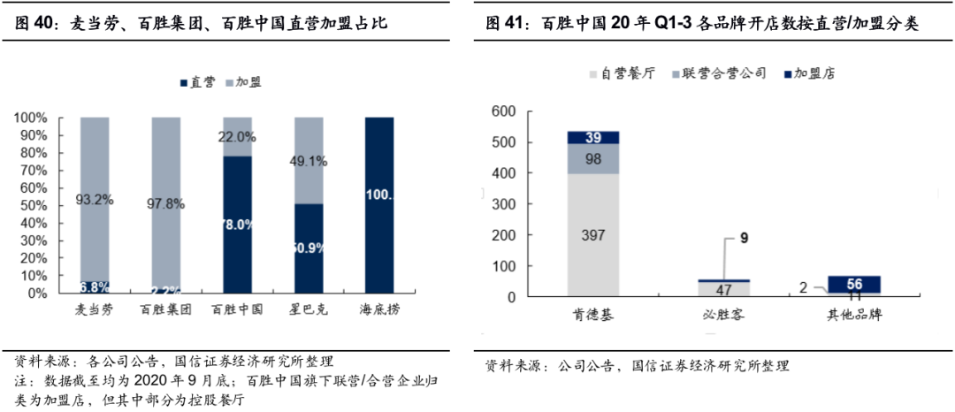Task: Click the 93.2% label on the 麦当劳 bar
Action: point(95,200)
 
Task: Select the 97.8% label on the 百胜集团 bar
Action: point(165,204)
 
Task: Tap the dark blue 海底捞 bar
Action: point(378,204)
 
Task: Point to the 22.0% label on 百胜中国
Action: point(237,138)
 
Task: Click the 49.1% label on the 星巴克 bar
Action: point(308,162)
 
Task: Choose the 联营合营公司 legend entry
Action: point(716,73)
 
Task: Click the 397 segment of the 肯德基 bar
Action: point(592,234)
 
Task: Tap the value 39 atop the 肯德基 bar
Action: point(592,137)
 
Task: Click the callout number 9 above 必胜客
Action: point(744,238)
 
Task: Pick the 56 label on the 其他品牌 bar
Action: point(854,284)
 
